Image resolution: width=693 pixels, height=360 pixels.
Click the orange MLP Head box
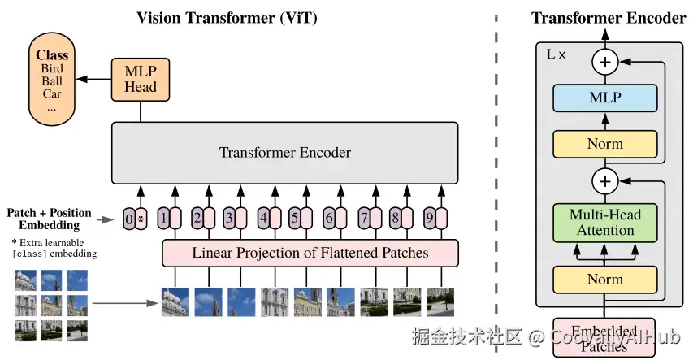click(141, 79)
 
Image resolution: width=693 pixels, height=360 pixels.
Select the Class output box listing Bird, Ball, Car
click(52, 79)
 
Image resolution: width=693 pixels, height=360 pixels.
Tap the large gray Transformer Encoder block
click(284, 153)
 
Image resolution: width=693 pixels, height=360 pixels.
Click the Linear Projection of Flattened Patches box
click(310, 253)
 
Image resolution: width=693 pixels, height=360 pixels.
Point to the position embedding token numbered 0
click(128, 219)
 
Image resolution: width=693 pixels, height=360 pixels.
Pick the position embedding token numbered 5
click(295, 219)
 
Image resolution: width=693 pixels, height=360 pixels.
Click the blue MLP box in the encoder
click(605, 98)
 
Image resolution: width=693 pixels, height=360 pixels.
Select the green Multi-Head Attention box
click(605, 223)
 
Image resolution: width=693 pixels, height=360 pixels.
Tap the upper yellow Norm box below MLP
click(605, 144)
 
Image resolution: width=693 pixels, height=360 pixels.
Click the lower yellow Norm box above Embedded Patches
click(605, 279)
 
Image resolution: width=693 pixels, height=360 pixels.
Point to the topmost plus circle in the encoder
click(605, 61)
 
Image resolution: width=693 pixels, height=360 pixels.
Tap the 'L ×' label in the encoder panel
click(556, 55)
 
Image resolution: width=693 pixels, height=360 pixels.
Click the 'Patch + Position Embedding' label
click(45, 219)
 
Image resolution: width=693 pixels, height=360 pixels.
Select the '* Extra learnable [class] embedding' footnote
click(53, 249)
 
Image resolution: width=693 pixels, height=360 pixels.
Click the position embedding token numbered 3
click(229, 219)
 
